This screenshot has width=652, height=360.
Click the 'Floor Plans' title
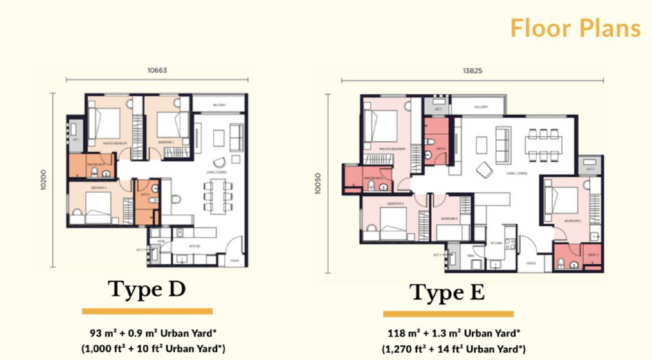point(576,29)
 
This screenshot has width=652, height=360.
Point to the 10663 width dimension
point(157,71)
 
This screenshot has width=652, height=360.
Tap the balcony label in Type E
point(479,108)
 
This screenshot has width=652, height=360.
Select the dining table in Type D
point(214,196)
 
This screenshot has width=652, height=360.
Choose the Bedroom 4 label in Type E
point(449,219)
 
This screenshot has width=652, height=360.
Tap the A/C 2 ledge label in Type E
point(590,169)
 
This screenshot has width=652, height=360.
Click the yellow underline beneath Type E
point(448,314)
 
